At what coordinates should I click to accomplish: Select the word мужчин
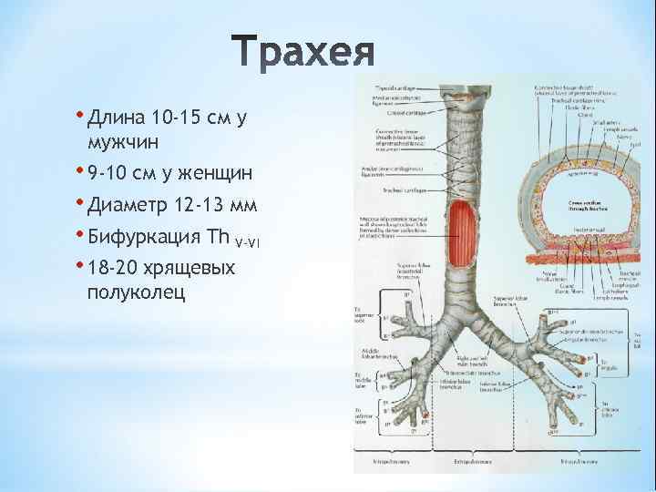point(122,143)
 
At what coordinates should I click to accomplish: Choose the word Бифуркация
point(146,237)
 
